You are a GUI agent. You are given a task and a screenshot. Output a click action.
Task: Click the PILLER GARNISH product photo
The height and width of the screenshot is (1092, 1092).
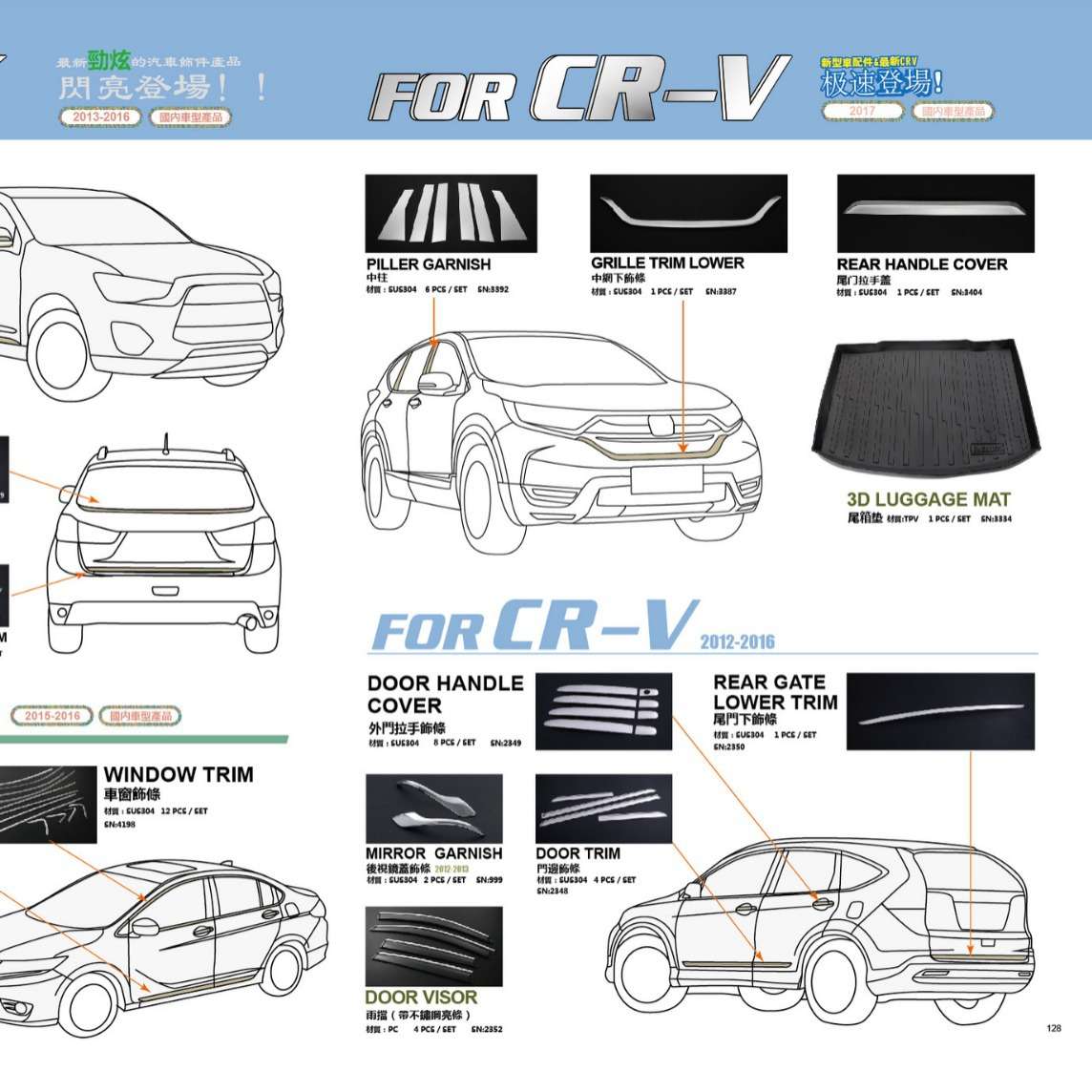point(451,213)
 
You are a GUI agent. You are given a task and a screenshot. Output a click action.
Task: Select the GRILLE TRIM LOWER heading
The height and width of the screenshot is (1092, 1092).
point(667,263)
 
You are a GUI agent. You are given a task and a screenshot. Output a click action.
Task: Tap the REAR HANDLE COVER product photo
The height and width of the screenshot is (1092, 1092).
point(935,213)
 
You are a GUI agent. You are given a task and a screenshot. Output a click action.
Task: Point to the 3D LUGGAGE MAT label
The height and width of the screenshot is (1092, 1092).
point(928,499)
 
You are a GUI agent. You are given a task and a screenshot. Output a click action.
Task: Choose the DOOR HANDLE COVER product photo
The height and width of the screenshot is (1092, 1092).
point(603,711)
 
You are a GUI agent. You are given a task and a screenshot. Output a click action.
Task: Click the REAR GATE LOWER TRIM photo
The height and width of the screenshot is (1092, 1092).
point(940,711)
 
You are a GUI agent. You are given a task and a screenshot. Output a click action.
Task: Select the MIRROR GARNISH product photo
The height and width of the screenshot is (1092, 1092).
point(433,809)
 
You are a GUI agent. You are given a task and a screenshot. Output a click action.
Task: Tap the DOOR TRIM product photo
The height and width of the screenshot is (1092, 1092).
point(603,809)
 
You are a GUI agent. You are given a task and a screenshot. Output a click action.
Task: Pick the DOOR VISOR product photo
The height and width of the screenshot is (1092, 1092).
point(433,946)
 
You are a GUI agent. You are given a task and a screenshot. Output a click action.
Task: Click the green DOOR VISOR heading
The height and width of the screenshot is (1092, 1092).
point(421,997)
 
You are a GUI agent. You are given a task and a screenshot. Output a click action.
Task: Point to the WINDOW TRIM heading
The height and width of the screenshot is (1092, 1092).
point(178,775)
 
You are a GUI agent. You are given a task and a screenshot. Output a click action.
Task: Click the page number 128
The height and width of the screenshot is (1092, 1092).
point(1054,1028)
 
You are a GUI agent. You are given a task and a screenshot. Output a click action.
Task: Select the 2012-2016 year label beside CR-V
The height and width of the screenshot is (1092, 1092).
point(737,641)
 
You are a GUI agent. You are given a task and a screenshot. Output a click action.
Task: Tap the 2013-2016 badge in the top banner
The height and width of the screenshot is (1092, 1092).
point(100,117)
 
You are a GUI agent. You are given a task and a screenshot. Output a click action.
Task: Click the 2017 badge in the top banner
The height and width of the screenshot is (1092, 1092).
point(862,112)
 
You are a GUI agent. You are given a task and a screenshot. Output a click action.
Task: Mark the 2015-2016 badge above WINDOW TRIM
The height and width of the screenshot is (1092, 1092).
point(52,716)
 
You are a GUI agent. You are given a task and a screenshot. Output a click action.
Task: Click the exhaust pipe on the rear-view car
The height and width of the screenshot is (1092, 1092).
point(250,625)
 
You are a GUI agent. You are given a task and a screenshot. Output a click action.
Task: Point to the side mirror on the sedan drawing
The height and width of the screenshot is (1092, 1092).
point(144,926)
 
